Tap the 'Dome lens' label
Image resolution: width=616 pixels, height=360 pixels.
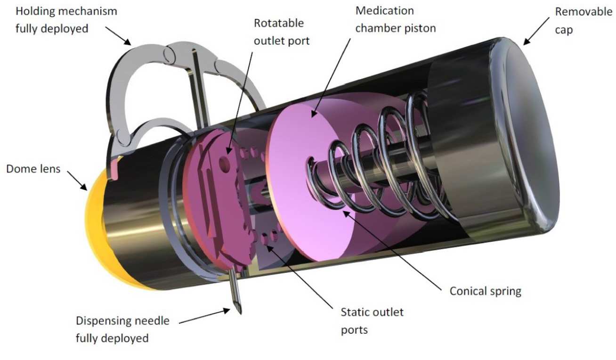pos(33,168)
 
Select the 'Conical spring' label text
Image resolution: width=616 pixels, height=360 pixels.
pos(485,291)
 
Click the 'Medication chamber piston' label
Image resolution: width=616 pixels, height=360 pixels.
pos(396,19)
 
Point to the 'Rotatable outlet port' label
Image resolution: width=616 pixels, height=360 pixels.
pos(282,32)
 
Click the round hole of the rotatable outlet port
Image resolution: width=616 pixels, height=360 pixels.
pos(225,163)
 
